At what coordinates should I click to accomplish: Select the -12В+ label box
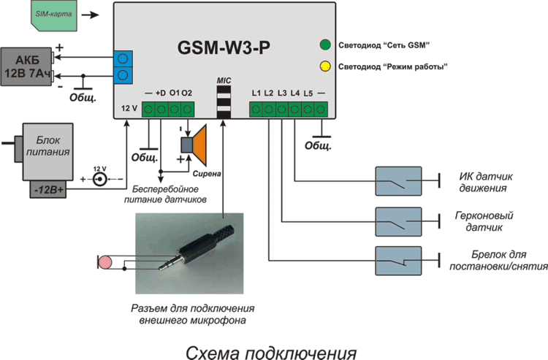(50, 191)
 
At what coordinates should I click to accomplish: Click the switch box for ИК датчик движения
(399, 180)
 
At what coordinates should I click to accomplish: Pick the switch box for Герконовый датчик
(399, 220)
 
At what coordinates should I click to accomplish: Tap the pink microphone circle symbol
(106, 261)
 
